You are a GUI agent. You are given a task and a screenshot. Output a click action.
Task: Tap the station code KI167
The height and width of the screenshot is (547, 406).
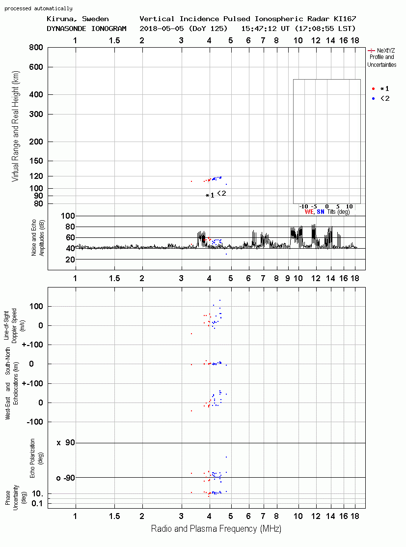point(345,19)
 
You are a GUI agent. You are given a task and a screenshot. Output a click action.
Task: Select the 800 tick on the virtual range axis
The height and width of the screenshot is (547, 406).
point(36,48)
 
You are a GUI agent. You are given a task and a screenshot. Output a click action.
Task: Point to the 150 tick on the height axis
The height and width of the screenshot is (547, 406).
point(36,161)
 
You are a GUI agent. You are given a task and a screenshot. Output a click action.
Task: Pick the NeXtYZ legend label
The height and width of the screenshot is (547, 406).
point(386,51)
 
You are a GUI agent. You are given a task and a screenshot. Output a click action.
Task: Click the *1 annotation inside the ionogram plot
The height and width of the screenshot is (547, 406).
point(210,196)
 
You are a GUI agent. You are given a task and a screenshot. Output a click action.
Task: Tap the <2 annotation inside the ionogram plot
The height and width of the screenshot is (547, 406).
point(221,193)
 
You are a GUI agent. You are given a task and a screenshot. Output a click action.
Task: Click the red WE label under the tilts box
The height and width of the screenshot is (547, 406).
point(309,212)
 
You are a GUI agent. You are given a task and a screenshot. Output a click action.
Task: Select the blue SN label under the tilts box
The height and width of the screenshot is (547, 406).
point(321,212)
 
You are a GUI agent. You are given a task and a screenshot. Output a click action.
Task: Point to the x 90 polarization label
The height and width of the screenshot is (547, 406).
point(66,443)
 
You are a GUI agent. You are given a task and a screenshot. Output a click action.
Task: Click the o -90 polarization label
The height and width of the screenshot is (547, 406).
point(66,478)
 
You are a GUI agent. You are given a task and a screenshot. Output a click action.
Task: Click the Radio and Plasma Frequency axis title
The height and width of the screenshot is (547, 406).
point(216,529)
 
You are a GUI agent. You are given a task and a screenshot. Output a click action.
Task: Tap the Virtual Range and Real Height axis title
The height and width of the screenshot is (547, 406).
point(15,126)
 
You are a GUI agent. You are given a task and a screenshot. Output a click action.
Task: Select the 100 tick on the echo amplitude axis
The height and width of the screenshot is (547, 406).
point(68,216)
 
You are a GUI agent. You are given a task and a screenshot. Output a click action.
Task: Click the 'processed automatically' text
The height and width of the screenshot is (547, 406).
point(38,8)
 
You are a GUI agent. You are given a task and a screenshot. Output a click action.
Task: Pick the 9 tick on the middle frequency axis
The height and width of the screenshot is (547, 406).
point(288,278)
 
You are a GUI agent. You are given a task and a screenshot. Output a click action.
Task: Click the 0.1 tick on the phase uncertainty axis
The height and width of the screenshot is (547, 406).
point(37,503)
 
